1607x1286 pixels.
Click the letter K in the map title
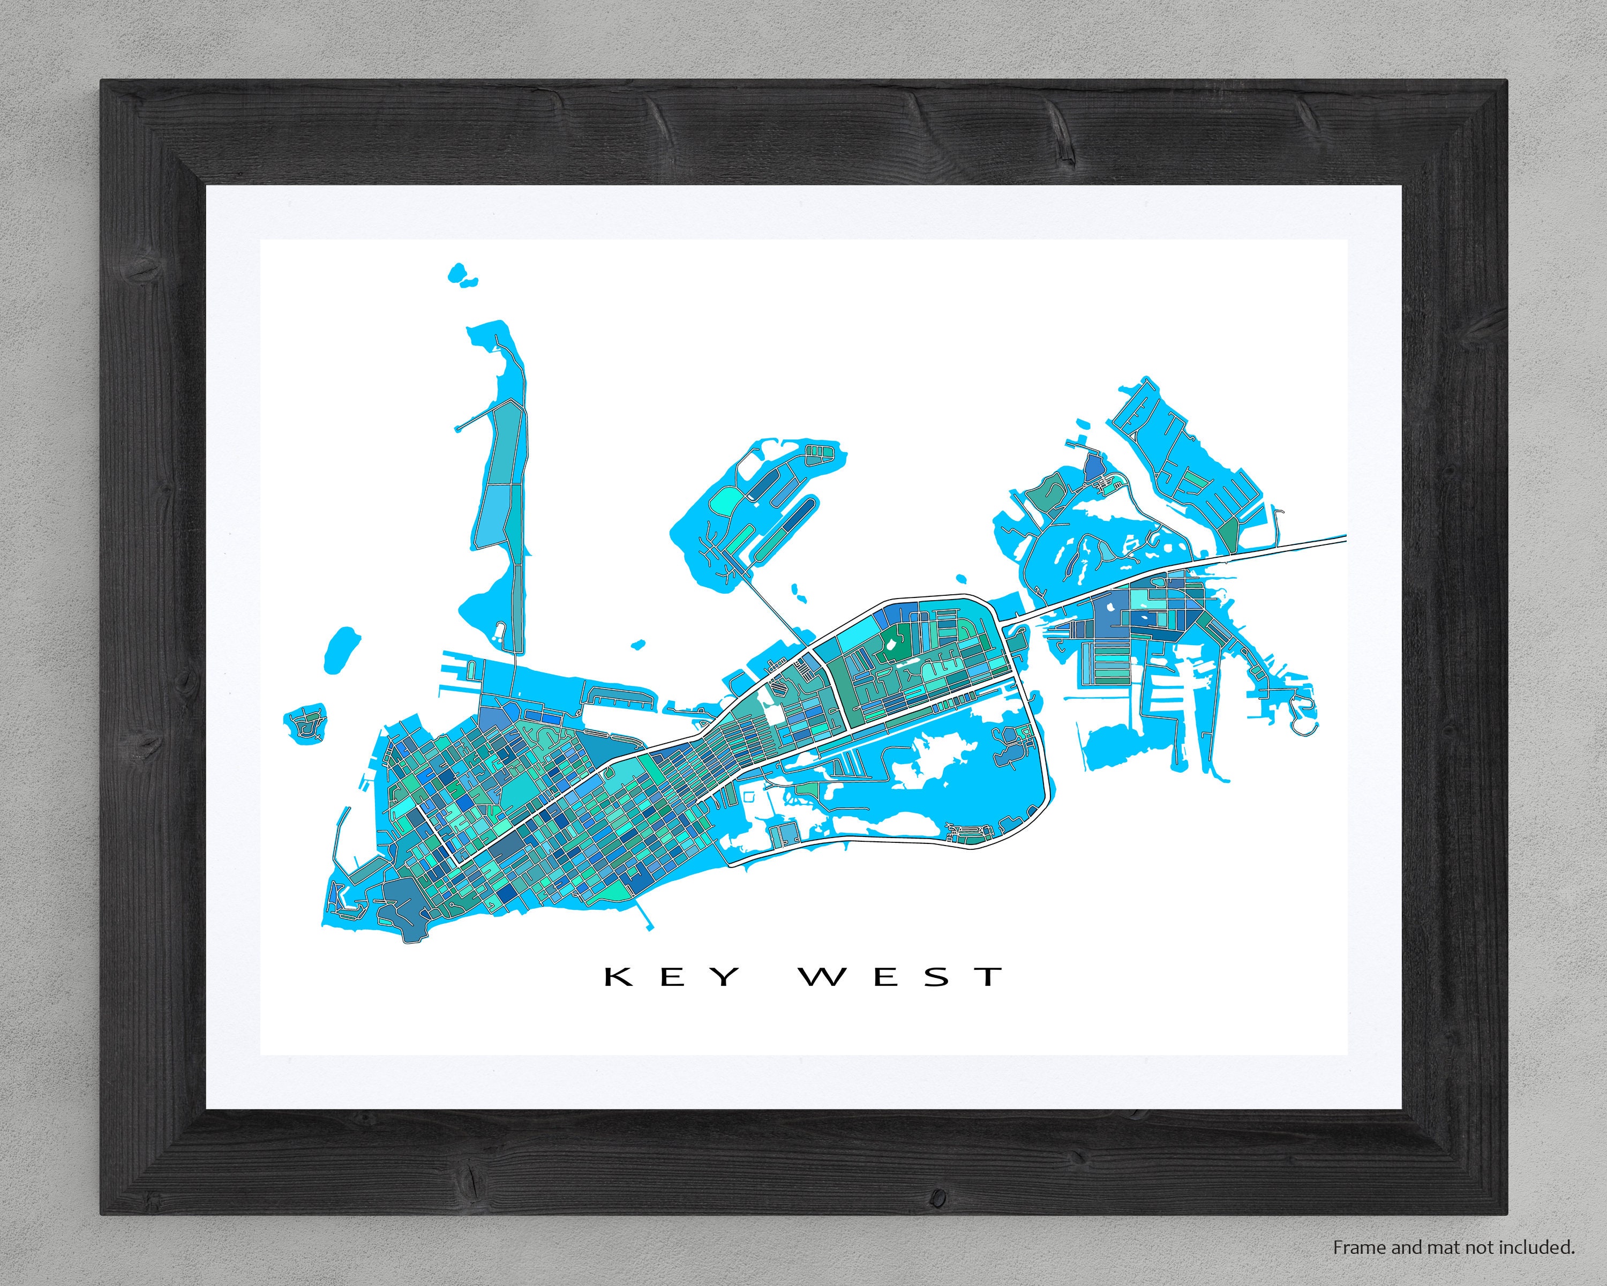[x=619, y=977]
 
